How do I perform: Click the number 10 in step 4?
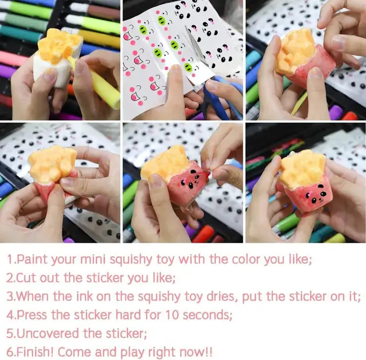[172, 315]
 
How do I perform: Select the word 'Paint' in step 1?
[33, 259]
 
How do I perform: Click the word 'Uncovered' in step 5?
[47, 333]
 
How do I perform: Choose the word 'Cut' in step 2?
[26, 278]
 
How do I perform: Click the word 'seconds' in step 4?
[207, 315]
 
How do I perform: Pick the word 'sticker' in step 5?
[126, 333]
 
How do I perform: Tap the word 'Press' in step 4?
[32, 315]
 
